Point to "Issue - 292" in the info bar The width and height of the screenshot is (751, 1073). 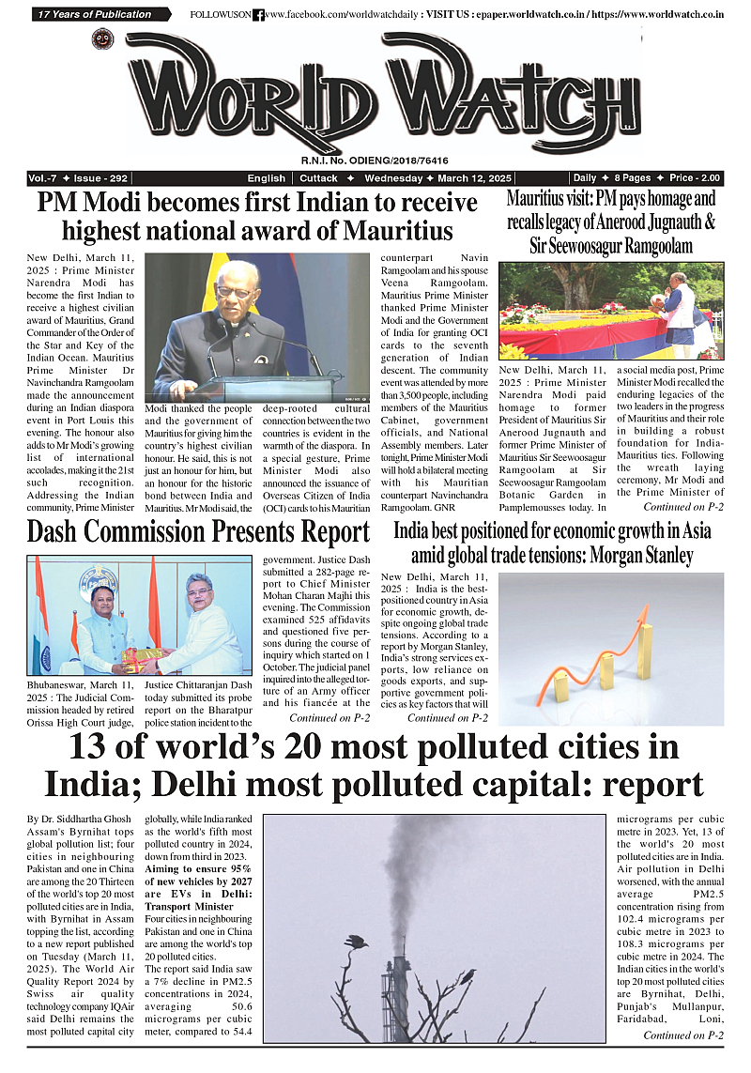pos(104,178)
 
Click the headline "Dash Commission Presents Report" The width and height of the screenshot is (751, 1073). pos(198,531)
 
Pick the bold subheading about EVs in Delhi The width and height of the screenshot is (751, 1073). pos(197,888)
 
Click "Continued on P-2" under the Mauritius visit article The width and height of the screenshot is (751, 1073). pos(682,506)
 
